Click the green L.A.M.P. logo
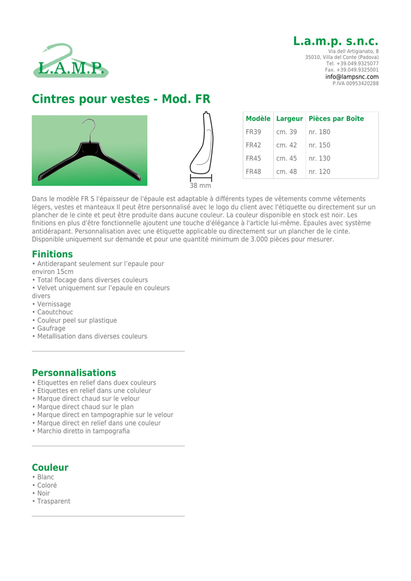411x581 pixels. [70, 61]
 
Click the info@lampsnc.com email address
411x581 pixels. [351, 77]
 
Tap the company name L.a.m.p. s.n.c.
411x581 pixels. [336, 41]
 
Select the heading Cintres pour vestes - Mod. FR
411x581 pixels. [121, 99]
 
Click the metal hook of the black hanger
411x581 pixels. [90, 128]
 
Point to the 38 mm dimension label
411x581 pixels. [200, 186]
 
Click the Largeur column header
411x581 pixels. [289, 119]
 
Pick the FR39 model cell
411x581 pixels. [253, 132]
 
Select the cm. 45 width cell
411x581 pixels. [287, 158]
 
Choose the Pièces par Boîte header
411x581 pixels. [336, 119]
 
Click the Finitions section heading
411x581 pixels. [52, 254]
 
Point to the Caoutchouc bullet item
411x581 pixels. [55, 312]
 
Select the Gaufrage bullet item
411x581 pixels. [51, 329]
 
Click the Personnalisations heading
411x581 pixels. [74, 373]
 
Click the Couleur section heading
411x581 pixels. [50, 468]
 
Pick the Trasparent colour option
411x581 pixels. [54, 502]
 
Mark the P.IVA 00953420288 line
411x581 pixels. [355, 83]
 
